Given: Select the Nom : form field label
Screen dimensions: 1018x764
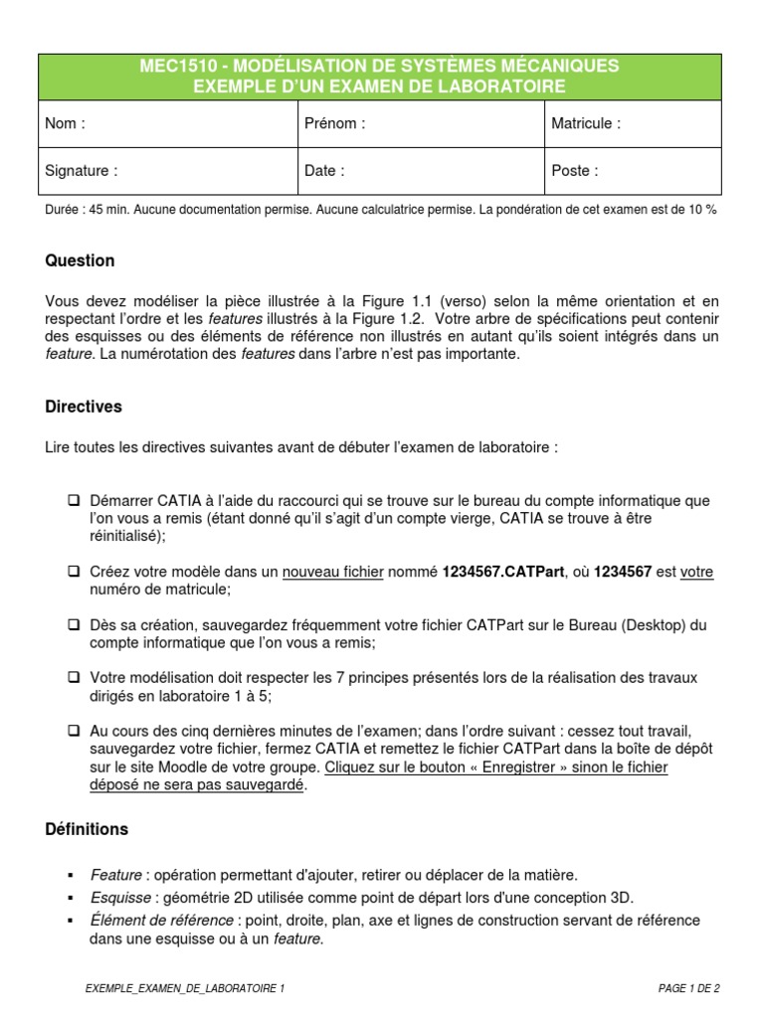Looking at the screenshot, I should pos(66,124).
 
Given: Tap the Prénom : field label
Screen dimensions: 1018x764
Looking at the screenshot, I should pos(335,124).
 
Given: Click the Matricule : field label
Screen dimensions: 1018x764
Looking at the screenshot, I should pos(586,124).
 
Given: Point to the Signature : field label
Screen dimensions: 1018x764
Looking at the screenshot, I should pos(82,171).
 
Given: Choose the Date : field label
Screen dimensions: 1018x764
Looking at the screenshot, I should pos(324,171).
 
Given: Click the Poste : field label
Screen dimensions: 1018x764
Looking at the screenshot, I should pos(575,171).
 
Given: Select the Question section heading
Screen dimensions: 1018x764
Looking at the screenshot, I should pos(81,261).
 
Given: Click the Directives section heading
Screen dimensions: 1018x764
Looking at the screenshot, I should pos(85,407).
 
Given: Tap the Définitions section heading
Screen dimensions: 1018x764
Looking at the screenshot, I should pos(88,829).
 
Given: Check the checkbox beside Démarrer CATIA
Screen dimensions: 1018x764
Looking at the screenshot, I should pos(74,501).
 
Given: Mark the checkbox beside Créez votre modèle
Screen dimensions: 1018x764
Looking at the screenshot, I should pos(74,573).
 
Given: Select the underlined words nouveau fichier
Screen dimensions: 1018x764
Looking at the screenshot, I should pos(333,573).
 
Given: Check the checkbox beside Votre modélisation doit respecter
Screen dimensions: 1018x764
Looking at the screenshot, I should pos(74,678).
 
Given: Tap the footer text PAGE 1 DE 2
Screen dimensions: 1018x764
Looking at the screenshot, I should pos(688,988).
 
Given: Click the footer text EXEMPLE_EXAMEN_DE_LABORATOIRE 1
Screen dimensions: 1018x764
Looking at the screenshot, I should pos(185,988).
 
